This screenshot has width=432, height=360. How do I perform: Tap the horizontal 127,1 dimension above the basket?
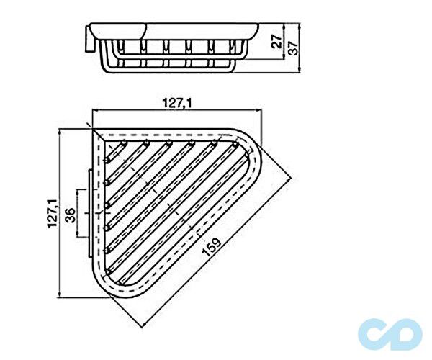(177, 102)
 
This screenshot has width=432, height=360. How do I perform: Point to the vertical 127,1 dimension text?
(51, 214)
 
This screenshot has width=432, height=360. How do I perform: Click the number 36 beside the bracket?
(70, 215)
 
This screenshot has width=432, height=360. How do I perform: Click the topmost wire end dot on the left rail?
(106, 159)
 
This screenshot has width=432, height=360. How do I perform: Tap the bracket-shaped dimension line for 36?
(78, 215)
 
